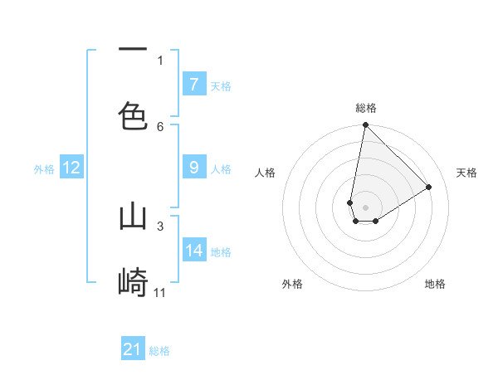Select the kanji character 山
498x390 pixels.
coord(133,217)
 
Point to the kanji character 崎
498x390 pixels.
coord(133,282)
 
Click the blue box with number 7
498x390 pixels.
coord(193,84)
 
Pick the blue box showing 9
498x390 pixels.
coord(193,168)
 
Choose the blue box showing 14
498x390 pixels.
coord(194,250)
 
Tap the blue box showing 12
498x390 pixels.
coord(71,168)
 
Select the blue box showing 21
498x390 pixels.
coord(133,349)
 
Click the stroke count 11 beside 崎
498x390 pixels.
coord(160,292)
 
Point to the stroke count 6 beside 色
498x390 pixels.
coord(160,126)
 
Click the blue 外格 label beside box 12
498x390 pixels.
coord(44,168)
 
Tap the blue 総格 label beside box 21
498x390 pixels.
coord(159,351)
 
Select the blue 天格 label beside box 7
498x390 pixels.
coord(221,85)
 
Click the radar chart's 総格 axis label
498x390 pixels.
coord(365,108)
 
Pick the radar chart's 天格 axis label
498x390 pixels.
coord(466,173)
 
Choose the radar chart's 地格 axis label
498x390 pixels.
coord(435,284)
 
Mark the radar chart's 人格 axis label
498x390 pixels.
coord(265,173)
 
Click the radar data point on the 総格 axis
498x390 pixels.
coord(365,125)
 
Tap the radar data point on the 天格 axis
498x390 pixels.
coord(429,188)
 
